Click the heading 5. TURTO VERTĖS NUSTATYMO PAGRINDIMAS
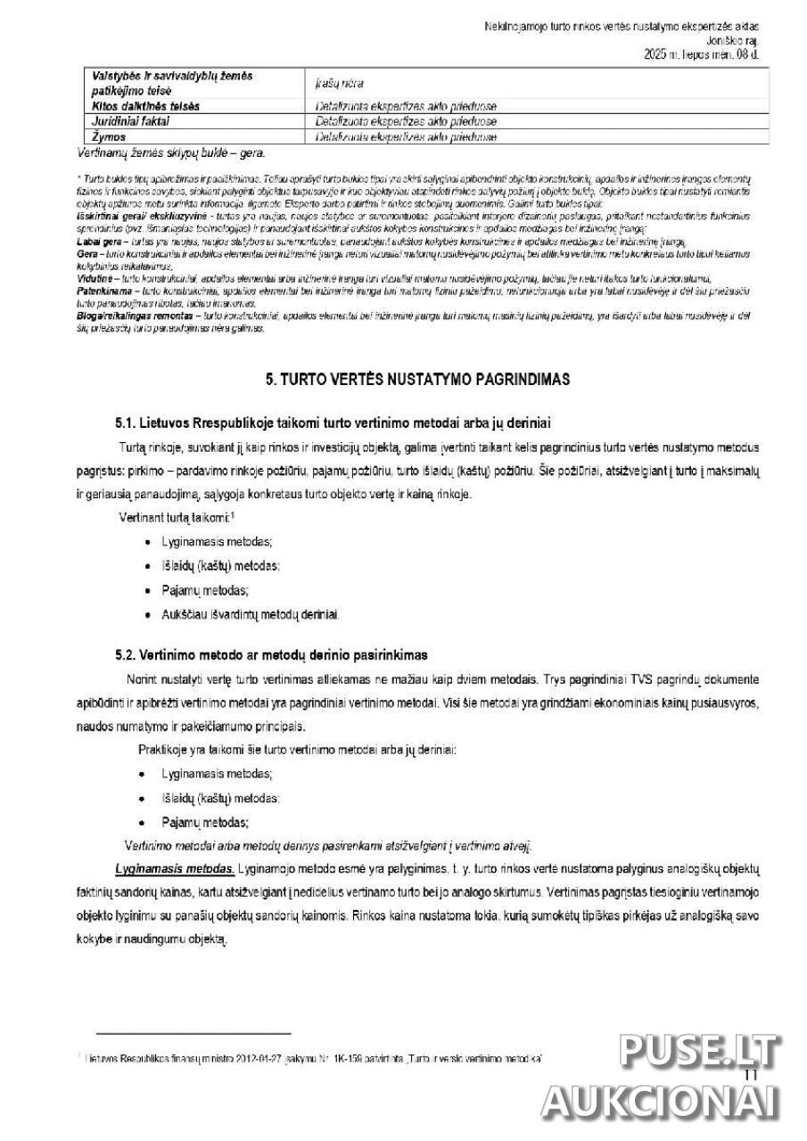417,379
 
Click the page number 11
750,1076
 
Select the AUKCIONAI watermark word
662,1102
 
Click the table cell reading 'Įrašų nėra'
338,83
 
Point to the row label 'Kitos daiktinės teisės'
146,106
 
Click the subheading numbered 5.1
338,422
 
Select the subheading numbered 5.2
271,654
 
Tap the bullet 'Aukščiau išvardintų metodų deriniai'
251,614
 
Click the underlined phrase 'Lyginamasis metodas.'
175,867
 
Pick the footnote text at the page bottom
312,1058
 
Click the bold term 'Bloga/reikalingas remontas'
137,316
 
